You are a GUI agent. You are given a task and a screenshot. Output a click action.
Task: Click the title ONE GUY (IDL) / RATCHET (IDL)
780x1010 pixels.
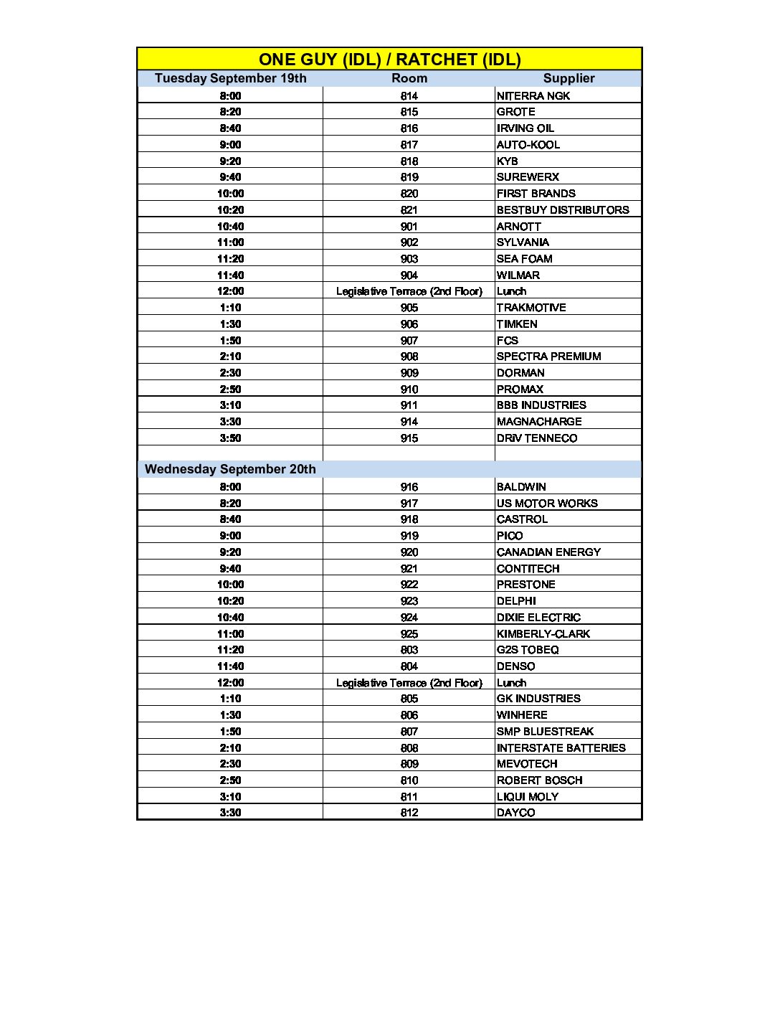coord(389,60)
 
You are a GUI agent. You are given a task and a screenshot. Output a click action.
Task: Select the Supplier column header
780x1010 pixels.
coord(569,78)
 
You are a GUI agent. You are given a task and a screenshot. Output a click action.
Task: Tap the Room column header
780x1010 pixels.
coord(409,78)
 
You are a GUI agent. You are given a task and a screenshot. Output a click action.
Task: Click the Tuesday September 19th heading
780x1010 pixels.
coord(230,78)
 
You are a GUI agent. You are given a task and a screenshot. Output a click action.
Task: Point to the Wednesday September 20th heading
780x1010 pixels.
coord(230,469)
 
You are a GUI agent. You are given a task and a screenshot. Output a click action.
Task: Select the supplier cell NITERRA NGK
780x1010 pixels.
coord(533,95)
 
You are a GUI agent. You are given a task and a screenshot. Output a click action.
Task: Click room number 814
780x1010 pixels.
coord(409,95)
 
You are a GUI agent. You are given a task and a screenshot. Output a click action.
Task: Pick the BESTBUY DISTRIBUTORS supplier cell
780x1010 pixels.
coord(563,209)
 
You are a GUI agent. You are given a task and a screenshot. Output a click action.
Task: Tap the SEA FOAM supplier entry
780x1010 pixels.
coord(524,259)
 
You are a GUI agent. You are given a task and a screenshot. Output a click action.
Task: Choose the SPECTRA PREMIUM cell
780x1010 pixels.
coord(548,357)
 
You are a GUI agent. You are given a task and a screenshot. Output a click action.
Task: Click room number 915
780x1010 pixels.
coord(409,438)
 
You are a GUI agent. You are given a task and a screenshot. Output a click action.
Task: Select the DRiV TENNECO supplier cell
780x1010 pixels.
coord(536,438)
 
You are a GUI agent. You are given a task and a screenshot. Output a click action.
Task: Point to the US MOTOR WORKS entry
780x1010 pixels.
coord(547,504)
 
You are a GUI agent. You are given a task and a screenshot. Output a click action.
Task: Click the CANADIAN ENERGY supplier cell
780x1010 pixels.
coord(548,552)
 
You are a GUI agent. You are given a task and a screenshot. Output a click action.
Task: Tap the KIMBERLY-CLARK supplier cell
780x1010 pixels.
coord(543,634)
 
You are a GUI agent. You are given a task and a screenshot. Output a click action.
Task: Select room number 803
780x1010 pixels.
coord(409,650)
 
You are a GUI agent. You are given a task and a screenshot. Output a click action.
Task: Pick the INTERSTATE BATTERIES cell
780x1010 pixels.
coord(561,748)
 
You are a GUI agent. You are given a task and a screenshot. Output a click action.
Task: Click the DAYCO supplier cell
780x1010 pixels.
coord(515,813)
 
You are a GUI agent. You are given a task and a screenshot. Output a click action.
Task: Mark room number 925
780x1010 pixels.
coord(409,634)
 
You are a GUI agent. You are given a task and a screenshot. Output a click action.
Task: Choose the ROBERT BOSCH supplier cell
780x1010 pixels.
coord(539,780)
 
